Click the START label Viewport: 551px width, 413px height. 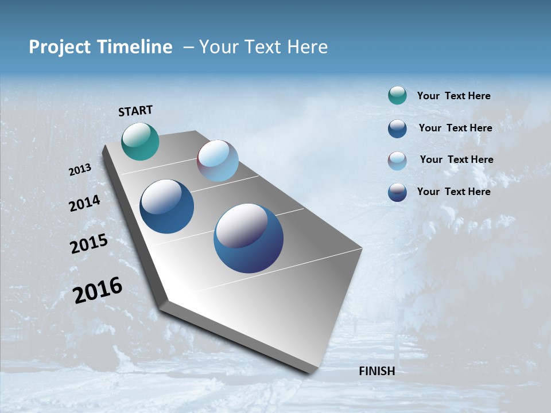pyautogui.click(x=135, y=111)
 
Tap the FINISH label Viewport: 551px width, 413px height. pyautogui.click(x=377, y=371)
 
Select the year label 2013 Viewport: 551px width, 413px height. pyautogui.click(x=80, y=170)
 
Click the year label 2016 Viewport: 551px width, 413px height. pyautogui.click(x=98, y=290)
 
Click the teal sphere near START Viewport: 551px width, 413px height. pyautogui.click(x=140, y=141)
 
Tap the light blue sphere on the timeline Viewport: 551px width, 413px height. pyautogui.click(x=218, y=161)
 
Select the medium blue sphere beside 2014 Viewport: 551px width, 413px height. pyautogui.click(x=166, y=206)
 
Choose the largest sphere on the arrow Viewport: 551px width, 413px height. pyautogui.click(x=248, y=238)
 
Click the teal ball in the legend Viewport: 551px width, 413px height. pyautogui.click(x=397, y=96)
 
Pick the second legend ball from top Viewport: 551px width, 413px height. pyautogui.click(x=397, y=128)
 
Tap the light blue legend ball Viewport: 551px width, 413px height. pyautogui.click(x=397, y=161)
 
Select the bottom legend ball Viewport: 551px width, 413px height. pyautogui.click(x=397, y=192)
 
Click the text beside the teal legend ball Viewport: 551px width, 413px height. pyautogui.click(x=453, y=96)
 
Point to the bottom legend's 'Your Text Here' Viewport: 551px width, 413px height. pyautogui.click(x=453, y=192)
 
